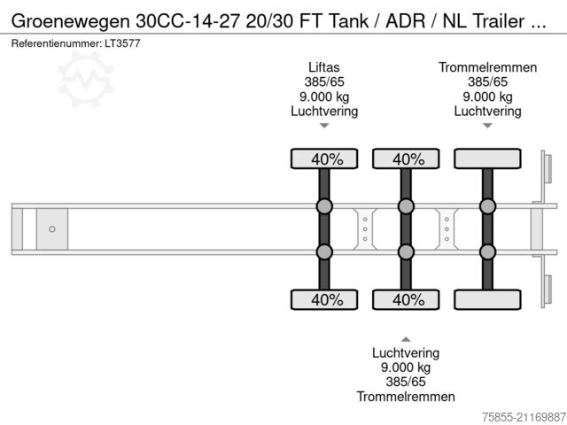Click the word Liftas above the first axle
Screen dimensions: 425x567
[324, 66]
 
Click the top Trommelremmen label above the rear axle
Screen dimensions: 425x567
[487, 66]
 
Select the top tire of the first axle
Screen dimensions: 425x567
[324, 159]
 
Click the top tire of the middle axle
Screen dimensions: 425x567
[406, 159]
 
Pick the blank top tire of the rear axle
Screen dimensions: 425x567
[487, 159]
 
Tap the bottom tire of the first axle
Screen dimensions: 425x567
[324, 299]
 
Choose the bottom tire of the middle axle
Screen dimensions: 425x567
[406, 299]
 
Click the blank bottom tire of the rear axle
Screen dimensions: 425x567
[487, 299]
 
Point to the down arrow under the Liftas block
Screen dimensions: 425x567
[324, 127]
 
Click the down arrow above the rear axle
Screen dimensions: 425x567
[487, 127]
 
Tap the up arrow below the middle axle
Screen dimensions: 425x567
[406, 338]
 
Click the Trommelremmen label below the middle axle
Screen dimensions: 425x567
[406, 397]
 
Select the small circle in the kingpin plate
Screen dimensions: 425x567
[52, 229]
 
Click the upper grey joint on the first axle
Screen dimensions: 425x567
[324, 207]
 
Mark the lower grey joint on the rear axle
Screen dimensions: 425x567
[487, 251]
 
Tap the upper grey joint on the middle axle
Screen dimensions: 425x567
[406, 207]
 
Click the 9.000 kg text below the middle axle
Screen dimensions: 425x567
[406, 367]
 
